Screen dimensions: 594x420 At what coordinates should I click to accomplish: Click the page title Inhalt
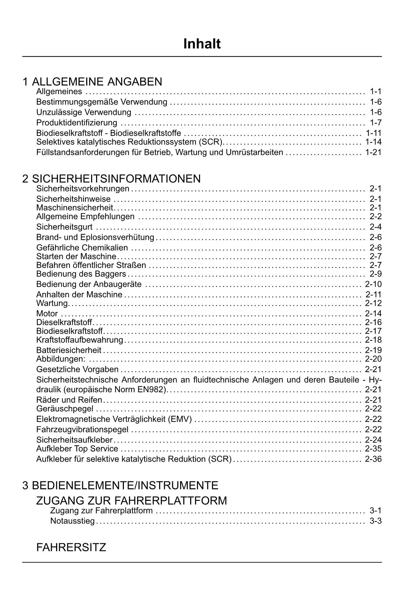(x=202, y=44)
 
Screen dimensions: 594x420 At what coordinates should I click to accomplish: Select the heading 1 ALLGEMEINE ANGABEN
(x=92, y=82)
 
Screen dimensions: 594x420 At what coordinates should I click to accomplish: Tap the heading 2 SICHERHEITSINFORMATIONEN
(x=111, y=178)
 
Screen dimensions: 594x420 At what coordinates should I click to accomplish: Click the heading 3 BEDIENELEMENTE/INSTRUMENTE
(x=120, y=485)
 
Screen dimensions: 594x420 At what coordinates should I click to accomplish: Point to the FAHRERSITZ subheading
(x=71, y=547)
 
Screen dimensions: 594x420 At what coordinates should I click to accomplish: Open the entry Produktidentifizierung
(x=77, y=123)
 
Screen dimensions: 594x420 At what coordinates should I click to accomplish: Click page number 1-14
(x=373, y=142)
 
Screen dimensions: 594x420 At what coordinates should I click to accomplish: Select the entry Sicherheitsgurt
(x=64, y=227)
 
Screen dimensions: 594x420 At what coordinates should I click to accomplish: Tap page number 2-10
(x=373, y=284)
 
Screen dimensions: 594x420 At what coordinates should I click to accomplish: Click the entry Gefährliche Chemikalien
(x=82, y=248)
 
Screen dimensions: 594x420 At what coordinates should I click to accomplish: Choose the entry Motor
(x=47, y=314)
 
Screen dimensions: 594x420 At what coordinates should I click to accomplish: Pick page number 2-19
(x=373, y=350)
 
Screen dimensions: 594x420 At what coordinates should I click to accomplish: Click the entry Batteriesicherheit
(x=69, y=350)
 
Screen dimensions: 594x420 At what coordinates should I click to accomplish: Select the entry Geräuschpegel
(x=65, y=409)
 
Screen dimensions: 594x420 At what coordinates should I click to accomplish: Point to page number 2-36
(x=373, y=459)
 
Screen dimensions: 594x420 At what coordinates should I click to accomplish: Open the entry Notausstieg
(x=72, y=521)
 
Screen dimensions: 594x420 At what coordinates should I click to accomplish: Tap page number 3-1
(x=376, y=511)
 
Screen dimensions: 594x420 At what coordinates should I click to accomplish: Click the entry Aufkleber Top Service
(x=77, y=449)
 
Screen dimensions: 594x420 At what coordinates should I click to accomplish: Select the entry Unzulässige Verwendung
(x=84, y=112)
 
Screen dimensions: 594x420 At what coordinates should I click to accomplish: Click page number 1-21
(x=373, y=152)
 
